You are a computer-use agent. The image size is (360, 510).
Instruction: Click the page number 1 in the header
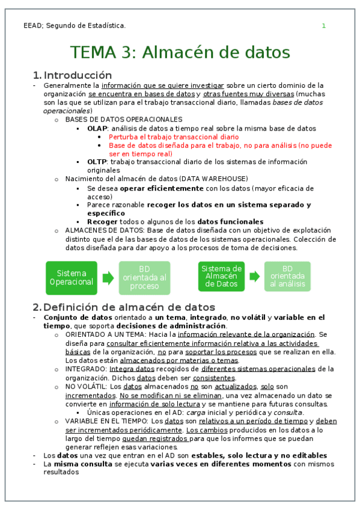click(x=323, y=26)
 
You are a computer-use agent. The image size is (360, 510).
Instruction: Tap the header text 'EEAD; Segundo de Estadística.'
click(x=75, y=26)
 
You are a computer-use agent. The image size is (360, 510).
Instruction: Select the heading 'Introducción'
click(x=78, y=75)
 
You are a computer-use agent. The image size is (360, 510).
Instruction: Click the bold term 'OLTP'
click(x=97, y=162)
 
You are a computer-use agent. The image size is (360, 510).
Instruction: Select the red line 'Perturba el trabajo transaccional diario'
click(x=174, y=137)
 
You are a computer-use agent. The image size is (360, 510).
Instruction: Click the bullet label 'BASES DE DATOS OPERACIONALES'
click(x=124, y=120)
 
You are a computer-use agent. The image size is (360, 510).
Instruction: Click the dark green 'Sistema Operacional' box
click(x=71, y=277)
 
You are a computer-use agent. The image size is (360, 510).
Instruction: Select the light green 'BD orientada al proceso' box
click(x=144, y=277)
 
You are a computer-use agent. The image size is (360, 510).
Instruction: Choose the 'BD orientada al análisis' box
click(x=287, y=277)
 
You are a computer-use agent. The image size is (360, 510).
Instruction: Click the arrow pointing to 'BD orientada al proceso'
click(x=108, y=278)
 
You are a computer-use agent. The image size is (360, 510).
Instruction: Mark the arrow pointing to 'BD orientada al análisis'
click(x=255, y=277)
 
